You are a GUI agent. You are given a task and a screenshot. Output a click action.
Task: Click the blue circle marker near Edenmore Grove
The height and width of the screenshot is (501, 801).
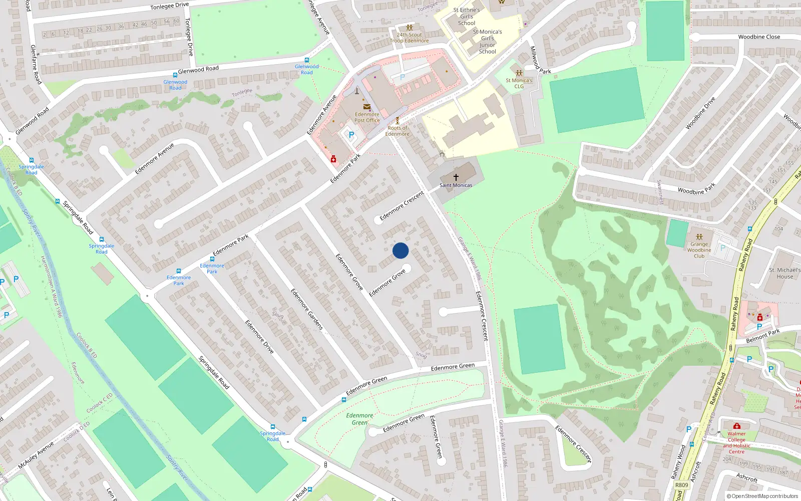pos(400,250)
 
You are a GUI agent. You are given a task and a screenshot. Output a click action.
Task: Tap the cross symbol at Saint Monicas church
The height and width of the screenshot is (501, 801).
pos(456,177)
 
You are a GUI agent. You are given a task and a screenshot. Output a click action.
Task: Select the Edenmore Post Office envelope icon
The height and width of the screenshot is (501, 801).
pos(367,107)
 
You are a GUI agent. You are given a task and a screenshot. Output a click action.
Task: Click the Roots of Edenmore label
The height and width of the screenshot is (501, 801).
pos(397,131)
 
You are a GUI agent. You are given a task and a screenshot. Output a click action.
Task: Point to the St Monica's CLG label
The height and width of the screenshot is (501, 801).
pos(519,83)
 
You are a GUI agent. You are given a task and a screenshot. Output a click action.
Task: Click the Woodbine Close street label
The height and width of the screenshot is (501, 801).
pos(759,37)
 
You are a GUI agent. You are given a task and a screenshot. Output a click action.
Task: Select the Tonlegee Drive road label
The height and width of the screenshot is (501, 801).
pos(170,6)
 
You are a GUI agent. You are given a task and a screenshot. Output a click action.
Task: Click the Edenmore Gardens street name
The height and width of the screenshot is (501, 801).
pos(307,309)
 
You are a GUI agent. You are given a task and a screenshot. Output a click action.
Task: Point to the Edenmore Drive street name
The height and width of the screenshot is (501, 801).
pos(259,337)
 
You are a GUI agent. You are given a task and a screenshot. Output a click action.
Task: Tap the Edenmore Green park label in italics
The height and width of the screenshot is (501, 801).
pos(359,419)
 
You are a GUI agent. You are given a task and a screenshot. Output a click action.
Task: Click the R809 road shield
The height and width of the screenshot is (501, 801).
pos(682,485)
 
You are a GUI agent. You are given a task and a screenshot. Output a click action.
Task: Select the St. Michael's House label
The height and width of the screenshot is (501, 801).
pos(784,273)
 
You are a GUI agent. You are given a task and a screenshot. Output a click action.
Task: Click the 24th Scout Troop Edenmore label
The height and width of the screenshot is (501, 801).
pos(410,38)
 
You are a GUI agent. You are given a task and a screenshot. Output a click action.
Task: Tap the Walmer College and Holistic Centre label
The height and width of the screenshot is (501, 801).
pos(736,442)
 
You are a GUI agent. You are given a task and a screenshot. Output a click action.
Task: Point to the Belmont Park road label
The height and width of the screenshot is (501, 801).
pos(763,336)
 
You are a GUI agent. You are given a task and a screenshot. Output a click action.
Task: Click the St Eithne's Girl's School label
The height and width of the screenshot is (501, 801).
pos(467,17)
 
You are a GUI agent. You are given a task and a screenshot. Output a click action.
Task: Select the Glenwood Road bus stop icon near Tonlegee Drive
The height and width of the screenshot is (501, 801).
pos(307,61)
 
